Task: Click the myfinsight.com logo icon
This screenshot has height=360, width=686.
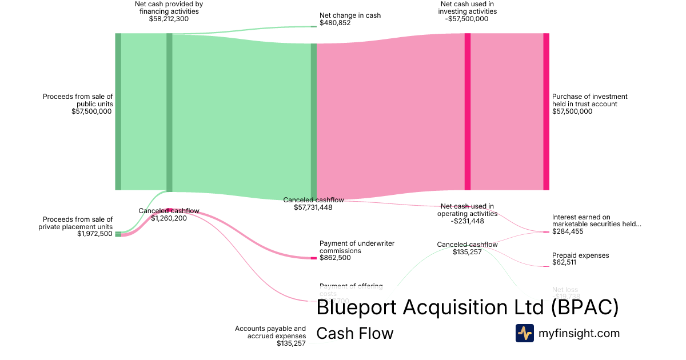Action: tap(525, 333)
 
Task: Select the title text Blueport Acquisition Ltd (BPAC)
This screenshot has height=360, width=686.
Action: tap(467, 307)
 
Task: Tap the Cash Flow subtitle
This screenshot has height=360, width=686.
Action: tap(354, 333)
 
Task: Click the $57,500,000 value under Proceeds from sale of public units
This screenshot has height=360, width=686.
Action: tap(91, 111)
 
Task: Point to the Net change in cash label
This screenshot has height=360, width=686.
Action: tap(350, 15)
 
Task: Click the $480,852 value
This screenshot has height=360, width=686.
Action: tap(335, 23)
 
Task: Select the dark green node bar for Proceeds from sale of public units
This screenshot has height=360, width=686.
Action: tap(118, 111)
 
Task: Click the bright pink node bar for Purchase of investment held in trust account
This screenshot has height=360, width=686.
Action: tap(546, 111)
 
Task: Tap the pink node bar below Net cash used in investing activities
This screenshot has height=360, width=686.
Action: tap(468, 111)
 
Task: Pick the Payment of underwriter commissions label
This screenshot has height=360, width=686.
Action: tap(357, 247)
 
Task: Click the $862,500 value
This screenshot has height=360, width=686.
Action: tap(335, 258)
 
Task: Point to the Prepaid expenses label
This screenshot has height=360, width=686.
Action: tap(580, 255)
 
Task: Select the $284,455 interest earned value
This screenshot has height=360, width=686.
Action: tap(568, 231)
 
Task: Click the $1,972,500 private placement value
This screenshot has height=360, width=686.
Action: tap(95, 234)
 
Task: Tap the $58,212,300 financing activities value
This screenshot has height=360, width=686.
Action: tap(169, 19)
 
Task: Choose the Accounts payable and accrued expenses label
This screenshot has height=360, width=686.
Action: tap(270, 332)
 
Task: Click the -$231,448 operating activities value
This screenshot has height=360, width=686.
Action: tap(467, 221)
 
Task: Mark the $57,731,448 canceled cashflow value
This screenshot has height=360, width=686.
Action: tap(313, 207)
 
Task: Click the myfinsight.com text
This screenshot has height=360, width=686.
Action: tap(579, 333)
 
